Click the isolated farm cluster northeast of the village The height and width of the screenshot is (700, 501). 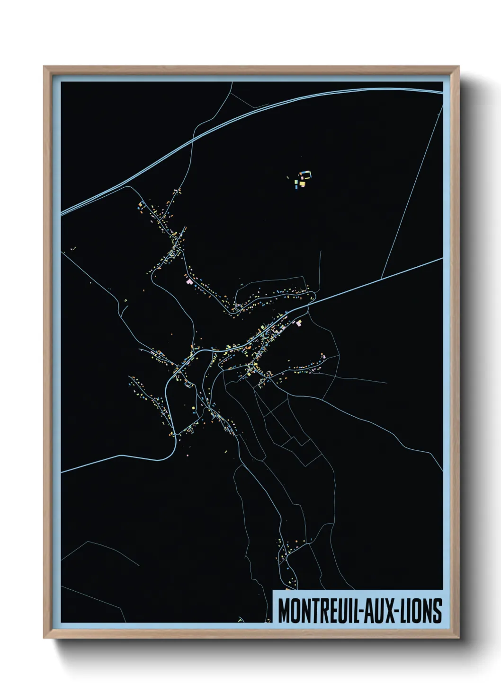[302, 179]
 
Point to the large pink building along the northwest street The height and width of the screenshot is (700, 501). [190, 282]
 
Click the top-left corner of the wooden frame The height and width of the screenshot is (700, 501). [44, 67]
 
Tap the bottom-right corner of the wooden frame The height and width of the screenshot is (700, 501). [459, 639]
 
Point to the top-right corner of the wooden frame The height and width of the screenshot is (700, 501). [459, 67]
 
